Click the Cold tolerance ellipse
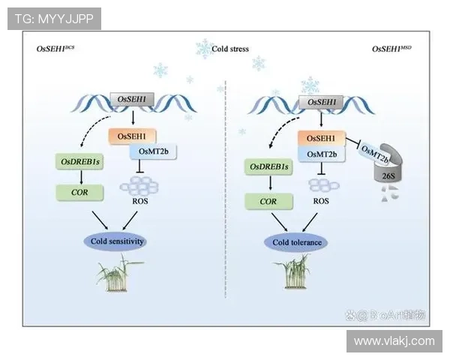click(x=296, y=242)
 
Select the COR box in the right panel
click(x=268, y=201)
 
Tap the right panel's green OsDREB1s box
click(x=268, y=166)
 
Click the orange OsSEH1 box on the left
click(x=132, y=136)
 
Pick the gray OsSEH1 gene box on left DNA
click(x=132, y=99)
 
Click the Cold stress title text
click(x=229, y=49)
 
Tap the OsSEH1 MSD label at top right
click(x=392, y=49)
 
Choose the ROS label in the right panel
click(x=321, y=201)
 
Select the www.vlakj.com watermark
click(x=393, y=341)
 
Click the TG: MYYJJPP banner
click(x=54, y=19)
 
